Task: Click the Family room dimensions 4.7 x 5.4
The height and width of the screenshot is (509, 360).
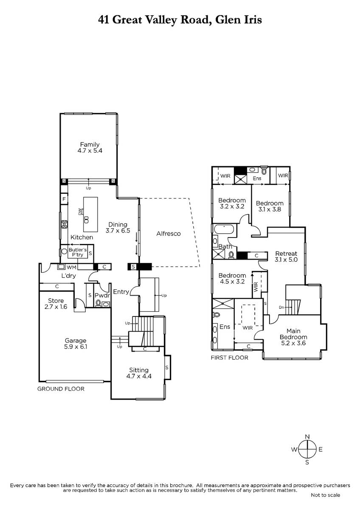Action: coord(90,151)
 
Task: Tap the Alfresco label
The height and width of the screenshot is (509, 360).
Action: coord(168,234)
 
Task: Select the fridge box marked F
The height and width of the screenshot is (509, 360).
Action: coord(64,199)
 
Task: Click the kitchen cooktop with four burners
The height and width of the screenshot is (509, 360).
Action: coord(65,224)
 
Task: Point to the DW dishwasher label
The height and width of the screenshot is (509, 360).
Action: coord(79,212)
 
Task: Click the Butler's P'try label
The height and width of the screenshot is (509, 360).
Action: coord(78,252)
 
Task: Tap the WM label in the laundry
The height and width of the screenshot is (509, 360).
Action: coord(71,267)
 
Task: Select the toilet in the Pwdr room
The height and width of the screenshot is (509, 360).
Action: coord(98,303)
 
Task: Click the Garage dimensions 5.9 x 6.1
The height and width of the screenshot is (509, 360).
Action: coord(76,347)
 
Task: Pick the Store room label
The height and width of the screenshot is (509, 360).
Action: coord(56,301)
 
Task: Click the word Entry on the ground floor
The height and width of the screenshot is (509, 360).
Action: coord(121,292)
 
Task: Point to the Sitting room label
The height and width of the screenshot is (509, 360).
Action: coord(139,370)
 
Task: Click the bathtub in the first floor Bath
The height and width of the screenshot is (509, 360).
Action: coord(223,229)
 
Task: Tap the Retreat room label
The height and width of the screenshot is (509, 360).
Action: coord(286,253)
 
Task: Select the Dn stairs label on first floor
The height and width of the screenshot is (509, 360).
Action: coord(281,308)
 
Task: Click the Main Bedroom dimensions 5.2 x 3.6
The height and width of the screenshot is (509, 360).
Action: coord(293,343)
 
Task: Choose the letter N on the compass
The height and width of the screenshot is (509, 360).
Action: coord(307,437)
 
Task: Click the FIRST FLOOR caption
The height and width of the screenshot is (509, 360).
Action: coord(230,358)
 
